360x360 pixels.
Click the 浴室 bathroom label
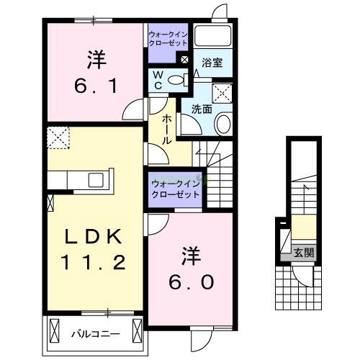212,63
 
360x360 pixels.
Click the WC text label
156,81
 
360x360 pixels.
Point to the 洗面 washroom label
201,109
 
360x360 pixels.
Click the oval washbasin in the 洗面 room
222,124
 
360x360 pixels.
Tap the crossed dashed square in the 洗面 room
222,92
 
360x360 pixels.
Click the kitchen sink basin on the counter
96,180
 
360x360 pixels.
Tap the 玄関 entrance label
303,252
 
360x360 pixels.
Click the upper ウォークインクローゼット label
168,38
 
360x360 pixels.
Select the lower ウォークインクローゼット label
175,189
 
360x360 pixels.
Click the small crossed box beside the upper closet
184,60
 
